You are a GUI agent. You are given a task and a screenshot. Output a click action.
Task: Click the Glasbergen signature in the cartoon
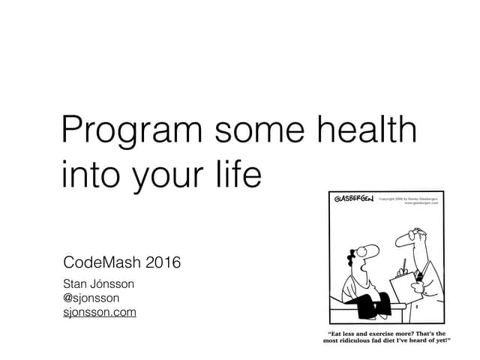coord(354,199)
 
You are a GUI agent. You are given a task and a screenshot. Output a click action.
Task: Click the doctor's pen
coord(403,264)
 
